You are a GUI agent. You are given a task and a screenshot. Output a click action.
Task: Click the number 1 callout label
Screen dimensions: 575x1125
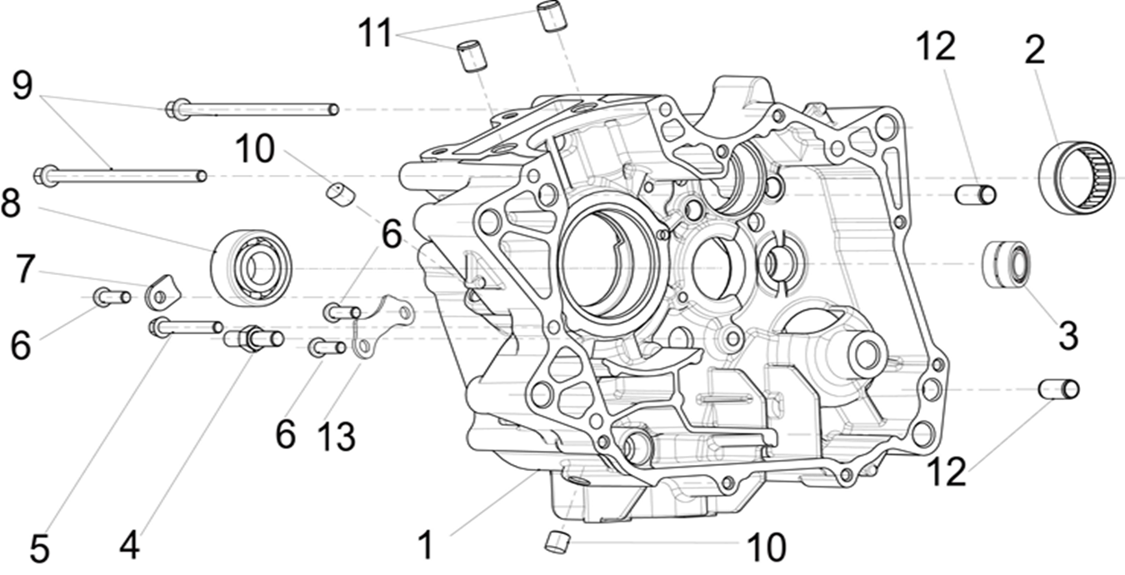[x=426, y=545]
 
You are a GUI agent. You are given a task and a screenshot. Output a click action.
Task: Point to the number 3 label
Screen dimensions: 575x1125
[x=1068, y=335]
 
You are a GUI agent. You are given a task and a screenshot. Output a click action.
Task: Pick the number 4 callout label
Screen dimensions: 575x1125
[x=128, y=546]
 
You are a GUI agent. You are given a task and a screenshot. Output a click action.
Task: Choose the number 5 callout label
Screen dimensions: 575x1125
[x=39, y=549]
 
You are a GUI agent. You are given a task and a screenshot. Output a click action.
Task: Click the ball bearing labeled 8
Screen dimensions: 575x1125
[x=250, y=267]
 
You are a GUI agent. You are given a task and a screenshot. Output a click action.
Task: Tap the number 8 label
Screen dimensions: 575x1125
[x=10, y=204]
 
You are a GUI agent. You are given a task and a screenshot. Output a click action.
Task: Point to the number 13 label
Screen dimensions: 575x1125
[x=337, y=435]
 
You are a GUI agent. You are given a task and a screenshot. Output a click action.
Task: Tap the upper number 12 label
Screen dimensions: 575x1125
[x=935, y=47]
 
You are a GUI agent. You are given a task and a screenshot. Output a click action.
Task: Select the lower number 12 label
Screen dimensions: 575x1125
[x=945, y=472]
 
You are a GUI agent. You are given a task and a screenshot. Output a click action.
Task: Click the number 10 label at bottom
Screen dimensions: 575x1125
[x=766, y=547]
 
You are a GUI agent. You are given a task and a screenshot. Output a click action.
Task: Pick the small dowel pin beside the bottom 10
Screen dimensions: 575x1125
[x=556, y=541]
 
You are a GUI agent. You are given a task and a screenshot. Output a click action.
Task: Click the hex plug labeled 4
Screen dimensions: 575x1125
[x=253, y=338]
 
